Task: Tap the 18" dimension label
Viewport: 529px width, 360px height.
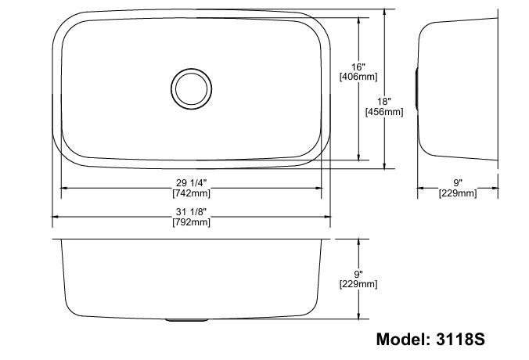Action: tap(384, 101)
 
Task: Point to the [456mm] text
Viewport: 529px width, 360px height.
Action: tap(384, 112)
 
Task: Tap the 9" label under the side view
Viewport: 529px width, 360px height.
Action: tap(458, 182)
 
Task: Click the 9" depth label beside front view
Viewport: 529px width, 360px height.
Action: tap(358, 274)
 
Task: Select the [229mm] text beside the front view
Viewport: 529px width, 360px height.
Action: tap(358, 285)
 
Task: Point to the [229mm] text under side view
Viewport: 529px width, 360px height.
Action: tap(458, 193)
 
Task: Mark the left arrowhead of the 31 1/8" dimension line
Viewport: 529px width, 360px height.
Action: tap(56, 218)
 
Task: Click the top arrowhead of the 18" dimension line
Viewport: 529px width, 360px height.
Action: tap(385, 13)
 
